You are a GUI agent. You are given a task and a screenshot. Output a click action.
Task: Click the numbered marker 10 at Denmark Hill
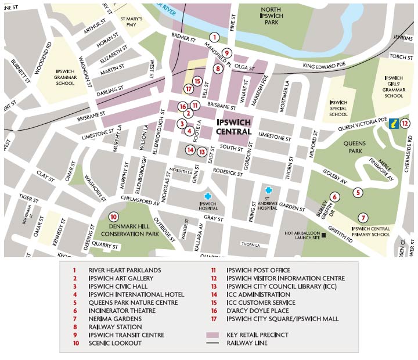point(114,217)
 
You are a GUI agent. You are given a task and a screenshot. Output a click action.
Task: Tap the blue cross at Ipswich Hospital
point(208,196)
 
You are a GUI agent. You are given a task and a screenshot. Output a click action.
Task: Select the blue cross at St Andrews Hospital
point(268,190)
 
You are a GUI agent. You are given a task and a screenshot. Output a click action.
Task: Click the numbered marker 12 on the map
point(405,123)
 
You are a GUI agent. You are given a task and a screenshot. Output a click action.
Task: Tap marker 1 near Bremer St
point(214,37)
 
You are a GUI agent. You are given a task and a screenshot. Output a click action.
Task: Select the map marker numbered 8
point(218,69)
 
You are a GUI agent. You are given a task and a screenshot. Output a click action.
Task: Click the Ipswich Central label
point(233,127)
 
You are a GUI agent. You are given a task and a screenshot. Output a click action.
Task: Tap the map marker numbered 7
point(363,218)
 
